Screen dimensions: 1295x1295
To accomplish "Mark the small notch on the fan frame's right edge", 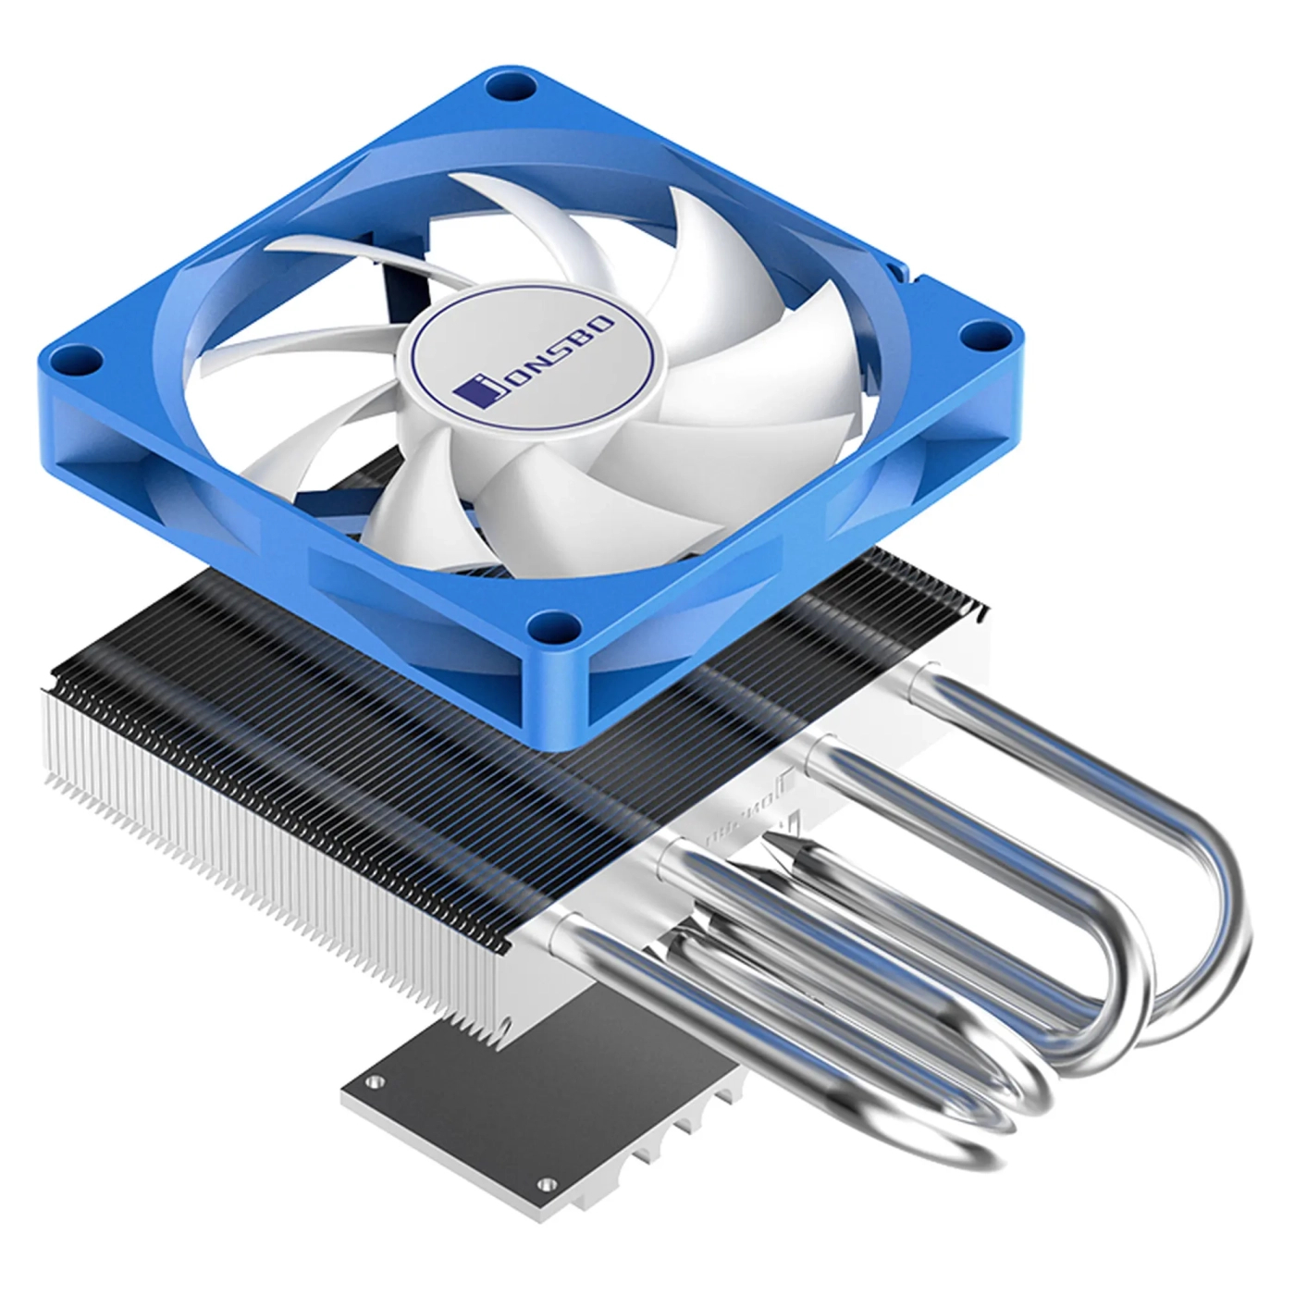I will pos(894,269).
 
